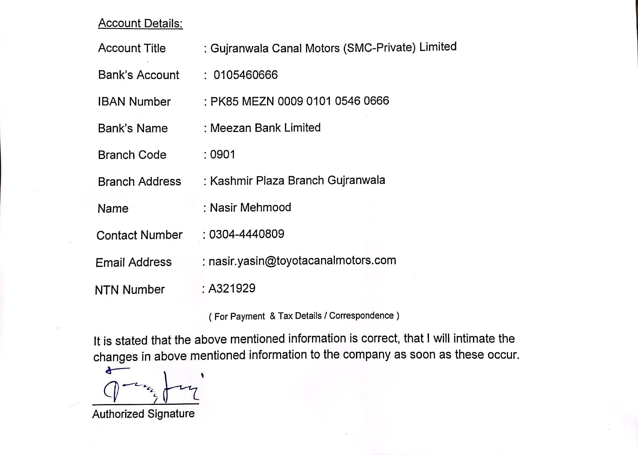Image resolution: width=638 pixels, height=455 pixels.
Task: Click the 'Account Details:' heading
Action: coord(140,24)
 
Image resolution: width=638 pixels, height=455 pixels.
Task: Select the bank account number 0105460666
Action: coord(245,75)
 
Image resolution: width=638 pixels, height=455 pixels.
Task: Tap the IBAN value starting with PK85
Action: coord(299,101)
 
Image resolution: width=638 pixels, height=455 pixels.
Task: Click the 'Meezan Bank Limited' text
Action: coord(265,128)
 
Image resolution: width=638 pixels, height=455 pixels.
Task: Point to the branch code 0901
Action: coord(222,154)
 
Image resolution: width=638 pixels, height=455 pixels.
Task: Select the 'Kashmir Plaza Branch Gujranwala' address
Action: coord(297,180)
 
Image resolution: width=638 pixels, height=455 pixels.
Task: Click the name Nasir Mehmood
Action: coord(250,207)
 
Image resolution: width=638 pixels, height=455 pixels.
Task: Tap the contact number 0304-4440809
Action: coord(246,234)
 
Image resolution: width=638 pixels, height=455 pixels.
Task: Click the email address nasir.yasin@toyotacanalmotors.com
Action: coord(302,261)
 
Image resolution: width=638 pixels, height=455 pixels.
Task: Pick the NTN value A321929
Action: coord(232,289)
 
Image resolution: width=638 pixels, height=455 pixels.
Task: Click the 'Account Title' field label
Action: coord(132,48)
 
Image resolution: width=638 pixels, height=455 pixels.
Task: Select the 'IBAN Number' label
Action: coord(134,102)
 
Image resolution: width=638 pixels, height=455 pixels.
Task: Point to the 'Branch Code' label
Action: coord(132,155)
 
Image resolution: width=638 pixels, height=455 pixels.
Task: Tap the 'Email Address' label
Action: coord(134,262)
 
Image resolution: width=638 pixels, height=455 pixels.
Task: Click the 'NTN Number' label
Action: coord(130,290)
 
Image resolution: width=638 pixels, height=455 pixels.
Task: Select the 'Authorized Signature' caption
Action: coord(143,414)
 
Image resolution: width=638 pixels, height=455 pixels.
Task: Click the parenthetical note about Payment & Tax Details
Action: coord(304,316)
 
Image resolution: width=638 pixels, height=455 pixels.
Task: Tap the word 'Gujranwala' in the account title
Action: coord(239,48)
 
